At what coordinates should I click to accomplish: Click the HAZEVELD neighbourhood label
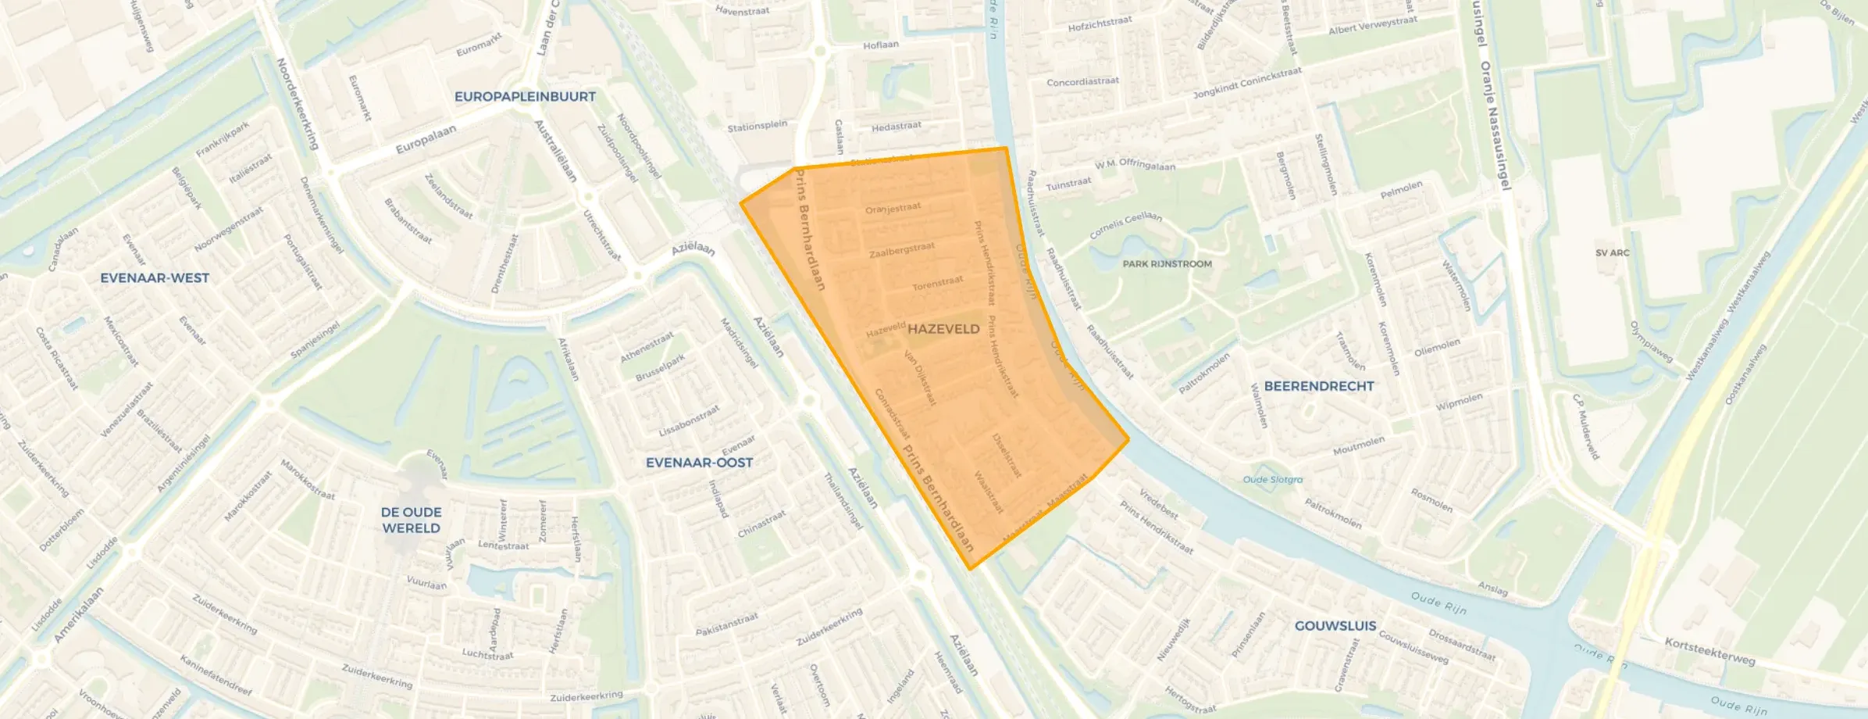(943, 329)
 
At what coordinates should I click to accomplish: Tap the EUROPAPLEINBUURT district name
(525, 97)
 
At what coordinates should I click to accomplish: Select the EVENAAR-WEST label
(155, 277)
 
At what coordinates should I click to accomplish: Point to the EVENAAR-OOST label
(699, 463)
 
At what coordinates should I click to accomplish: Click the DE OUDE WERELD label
(411, 520)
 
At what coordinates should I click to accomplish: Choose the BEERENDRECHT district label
(1318, 386)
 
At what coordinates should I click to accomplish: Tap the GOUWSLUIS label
(1335, 625)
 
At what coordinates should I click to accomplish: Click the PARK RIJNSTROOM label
(1167, 264)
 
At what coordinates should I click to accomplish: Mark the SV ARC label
(1612, 253)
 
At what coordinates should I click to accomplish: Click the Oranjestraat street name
(893, 209)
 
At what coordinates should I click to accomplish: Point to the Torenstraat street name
(937, 283)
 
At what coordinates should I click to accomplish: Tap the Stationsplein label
(757, 126)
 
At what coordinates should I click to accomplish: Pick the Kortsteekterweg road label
(1709, 652)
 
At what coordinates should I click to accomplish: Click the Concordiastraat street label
(1082, 82)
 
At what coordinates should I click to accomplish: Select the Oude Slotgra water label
(1272, 480)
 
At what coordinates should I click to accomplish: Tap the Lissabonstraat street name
(689, 421)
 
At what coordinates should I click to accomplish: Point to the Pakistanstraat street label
(726, 624)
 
